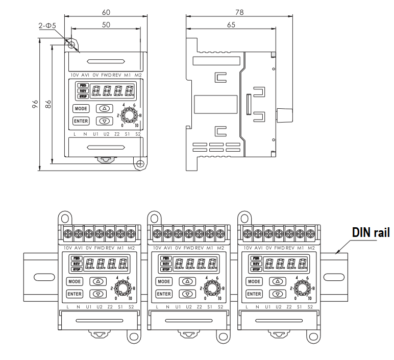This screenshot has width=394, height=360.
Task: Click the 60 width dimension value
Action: [x=106, y=12]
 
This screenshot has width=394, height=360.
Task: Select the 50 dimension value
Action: [x=106, y=25]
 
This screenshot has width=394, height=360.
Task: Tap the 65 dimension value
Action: [x=231, y=25]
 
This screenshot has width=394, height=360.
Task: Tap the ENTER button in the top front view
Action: [x=81, y=121]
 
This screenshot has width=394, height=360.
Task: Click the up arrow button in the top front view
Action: [x=105, y=108]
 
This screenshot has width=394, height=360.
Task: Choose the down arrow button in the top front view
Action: [x=105, y=121]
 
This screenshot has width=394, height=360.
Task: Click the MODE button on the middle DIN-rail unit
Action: [x=164, y=281]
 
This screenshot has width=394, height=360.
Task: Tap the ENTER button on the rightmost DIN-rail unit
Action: [x=254, y=294]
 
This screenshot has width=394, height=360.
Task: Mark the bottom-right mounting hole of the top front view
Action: [x=138, y=163]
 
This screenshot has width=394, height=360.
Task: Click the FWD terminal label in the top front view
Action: [x=106, y=75]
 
